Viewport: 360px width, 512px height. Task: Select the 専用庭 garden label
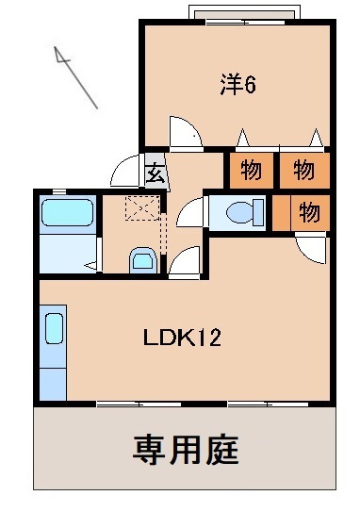tap(186, 448)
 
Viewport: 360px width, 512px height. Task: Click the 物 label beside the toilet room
tap(307, 213)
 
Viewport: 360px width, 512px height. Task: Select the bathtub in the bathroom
tap(67, 214)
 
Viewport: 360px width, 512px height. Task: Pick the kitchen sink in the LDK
tap(54, 331)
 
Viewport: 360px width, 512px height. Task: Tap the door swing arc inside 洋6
tap(187, 133)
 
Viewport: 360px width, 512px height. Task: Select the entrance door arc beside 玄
tap(126, 173)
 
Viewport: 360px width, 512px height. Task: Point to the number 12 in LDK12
tap(209, 337)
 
